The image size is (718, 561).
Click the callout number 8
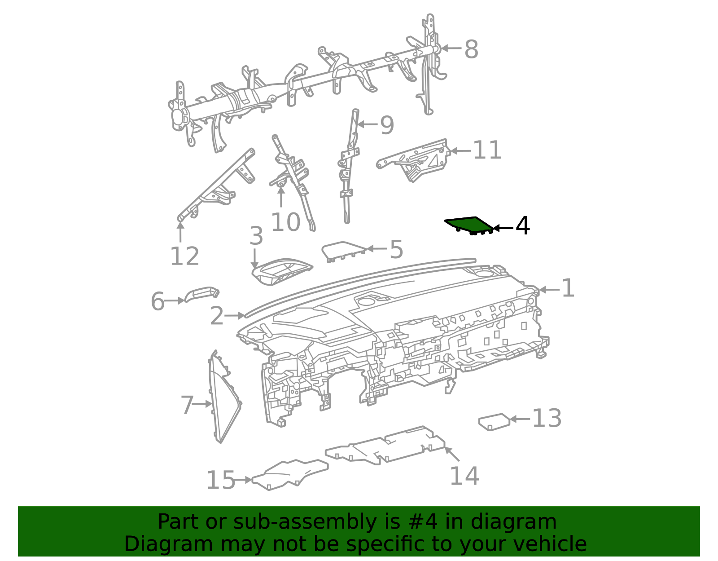tap(471, 49)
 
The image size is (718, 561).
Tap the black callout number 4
tap(522, 226)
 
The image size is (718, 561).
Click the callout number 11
tap(487, 150)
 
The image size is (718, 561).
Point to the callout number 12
tap(184, 256)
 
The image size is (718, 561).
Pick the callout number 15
tap(220, 480)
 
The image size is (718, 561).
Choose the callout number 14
tap(464, 476)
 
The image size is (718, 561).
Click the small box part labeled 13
tap(495, 422)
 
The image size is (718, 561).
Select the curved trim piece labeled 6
tap(201, 293)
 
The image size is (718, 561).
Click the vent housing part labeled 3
tap(281, 271)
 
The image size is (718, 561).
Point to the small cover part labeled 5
tap(344, 251)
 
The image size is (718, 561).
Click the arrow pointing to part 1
tap(549, 290)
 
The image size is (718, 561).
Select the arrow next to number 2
tap(234, 316)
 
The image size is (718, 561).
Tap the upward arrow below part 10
tap(281, 197)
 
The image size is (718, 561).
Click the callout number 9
tap(387, 125)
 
